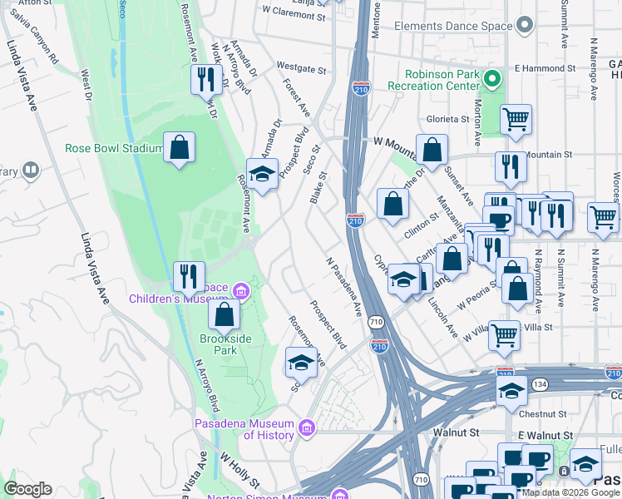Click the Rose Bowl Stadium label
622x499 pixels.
113,149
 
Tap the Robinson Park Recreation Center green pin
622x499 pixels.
491,80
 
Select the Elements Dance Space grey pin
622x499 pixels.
523,27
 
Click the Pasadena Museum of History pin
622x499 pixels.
307,429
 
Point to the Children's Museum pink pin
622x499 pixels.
242,291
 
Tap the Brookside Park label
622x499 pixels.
218,344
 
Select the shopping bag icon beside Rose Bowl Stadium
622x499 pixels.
179,148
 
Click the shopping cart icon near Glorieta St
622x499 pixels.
516,120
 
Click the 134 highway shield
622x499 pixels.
541,383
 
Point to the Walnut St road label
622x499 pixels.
457,432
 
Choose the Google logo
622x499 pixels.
27,489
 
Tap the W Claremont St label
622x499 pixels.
293,12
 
